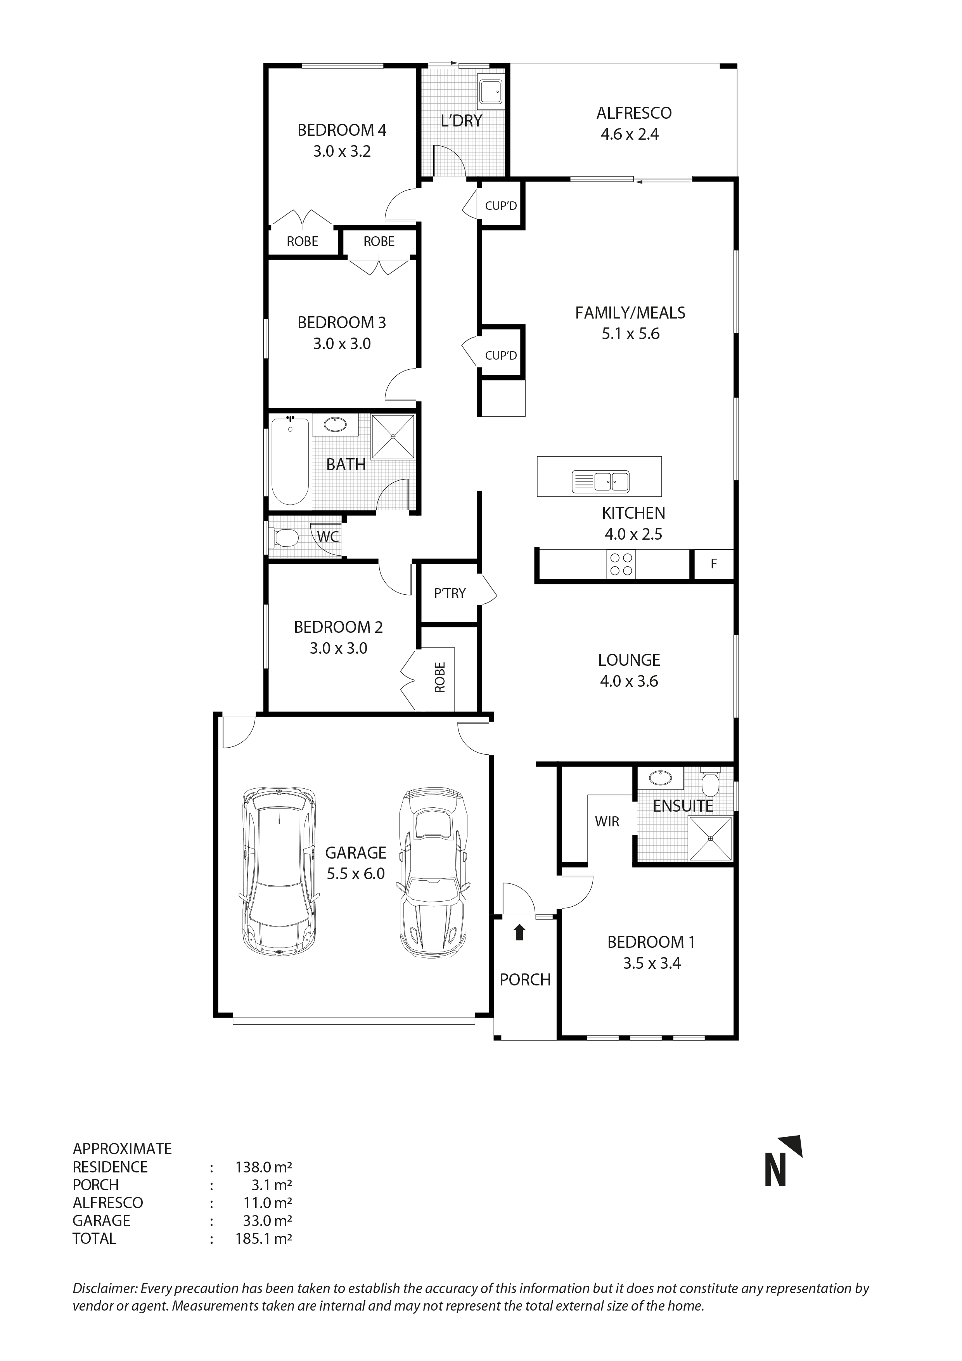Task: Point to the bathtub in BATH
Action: click(290, 461)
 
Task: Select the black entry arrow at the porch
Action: click(519, 932)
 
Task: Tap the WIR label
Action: click(607, 822)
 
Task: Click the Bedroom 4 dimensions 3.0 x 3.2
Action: click(342, 152)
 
